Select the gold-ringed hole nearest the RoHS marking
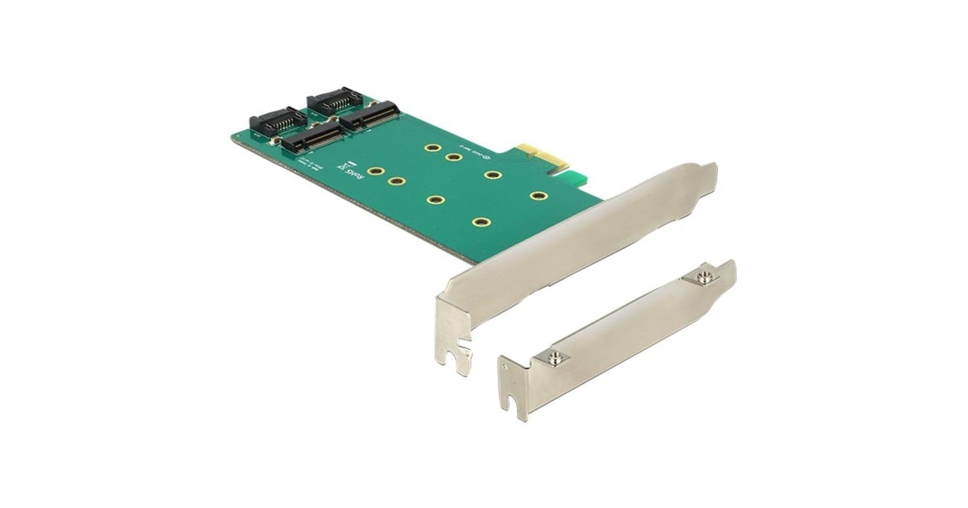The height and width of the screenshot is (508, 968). (x=375, y=172)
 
